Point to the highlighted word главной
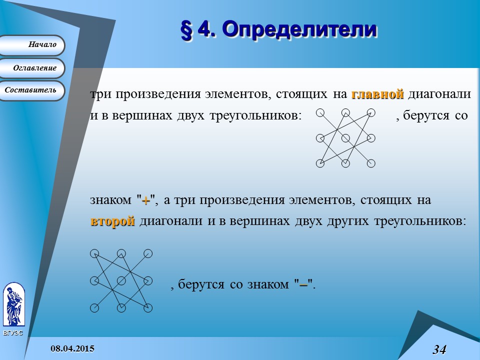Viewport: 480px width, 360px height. coord(377,94)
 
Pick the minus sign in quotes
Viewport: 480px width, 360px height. coord(302,285)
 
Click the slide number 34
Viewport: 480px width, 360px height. coord(439,349)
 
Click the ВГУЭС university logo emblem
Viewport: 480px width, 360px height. coord(13,305)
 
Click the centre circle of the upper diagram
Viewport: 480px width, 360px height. coord(345,138)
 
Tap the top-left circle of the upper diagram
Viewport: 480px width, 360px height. coord(320,112)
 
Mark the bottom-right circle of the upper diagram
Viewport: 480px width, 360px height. coord(371,163)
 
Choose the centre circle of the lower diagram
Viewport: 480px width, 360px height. coord(120,280)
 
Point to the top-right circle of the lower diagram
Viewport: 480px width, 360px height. coord(148,253)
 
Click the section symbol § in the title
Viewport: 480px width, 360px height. coord(186,30)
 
